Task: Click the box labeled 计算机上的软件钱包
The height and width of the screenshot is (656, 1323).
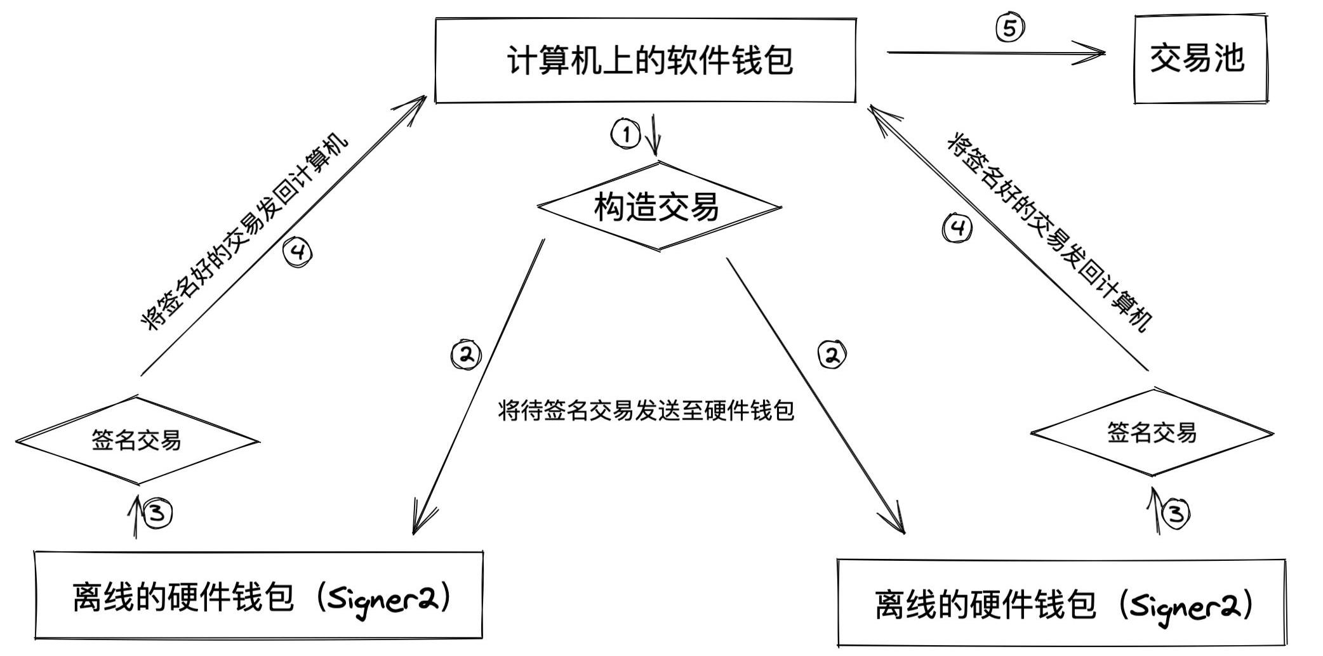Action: (645, 60)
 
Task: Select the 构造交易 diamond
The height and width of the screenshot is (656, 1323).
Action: (658, 207)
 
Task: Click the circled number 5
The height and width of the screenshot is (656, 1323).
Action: (1009, 28)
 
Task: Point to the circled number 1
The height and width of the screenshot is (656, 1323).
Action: (626, 134)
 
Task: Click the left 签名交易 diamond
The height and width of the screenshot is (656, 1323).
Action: (136, 440)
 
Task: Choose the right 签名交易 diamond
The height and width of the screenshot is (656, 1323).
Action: (1152, 433)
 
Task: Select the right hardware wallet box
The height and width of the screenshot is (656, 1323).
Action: (1061, 603)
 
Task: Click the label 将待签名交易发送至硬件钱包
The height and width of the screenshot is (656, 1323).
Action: (646, 410)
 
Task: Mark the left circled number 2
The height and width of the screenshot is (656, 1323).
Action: (466, 355)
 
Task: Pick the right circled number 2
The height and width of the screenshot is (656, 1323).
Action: (832, 355)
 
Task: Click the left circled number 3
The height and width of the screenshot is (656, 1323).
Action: (157, 513)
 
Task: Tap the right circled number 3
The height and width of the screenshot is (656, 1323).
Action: (1176, 513)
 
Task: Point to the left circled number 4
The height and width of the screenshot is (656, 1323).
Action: (298, 253)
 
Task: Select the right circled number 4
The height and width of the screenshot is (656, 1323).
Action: (957, 228)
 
